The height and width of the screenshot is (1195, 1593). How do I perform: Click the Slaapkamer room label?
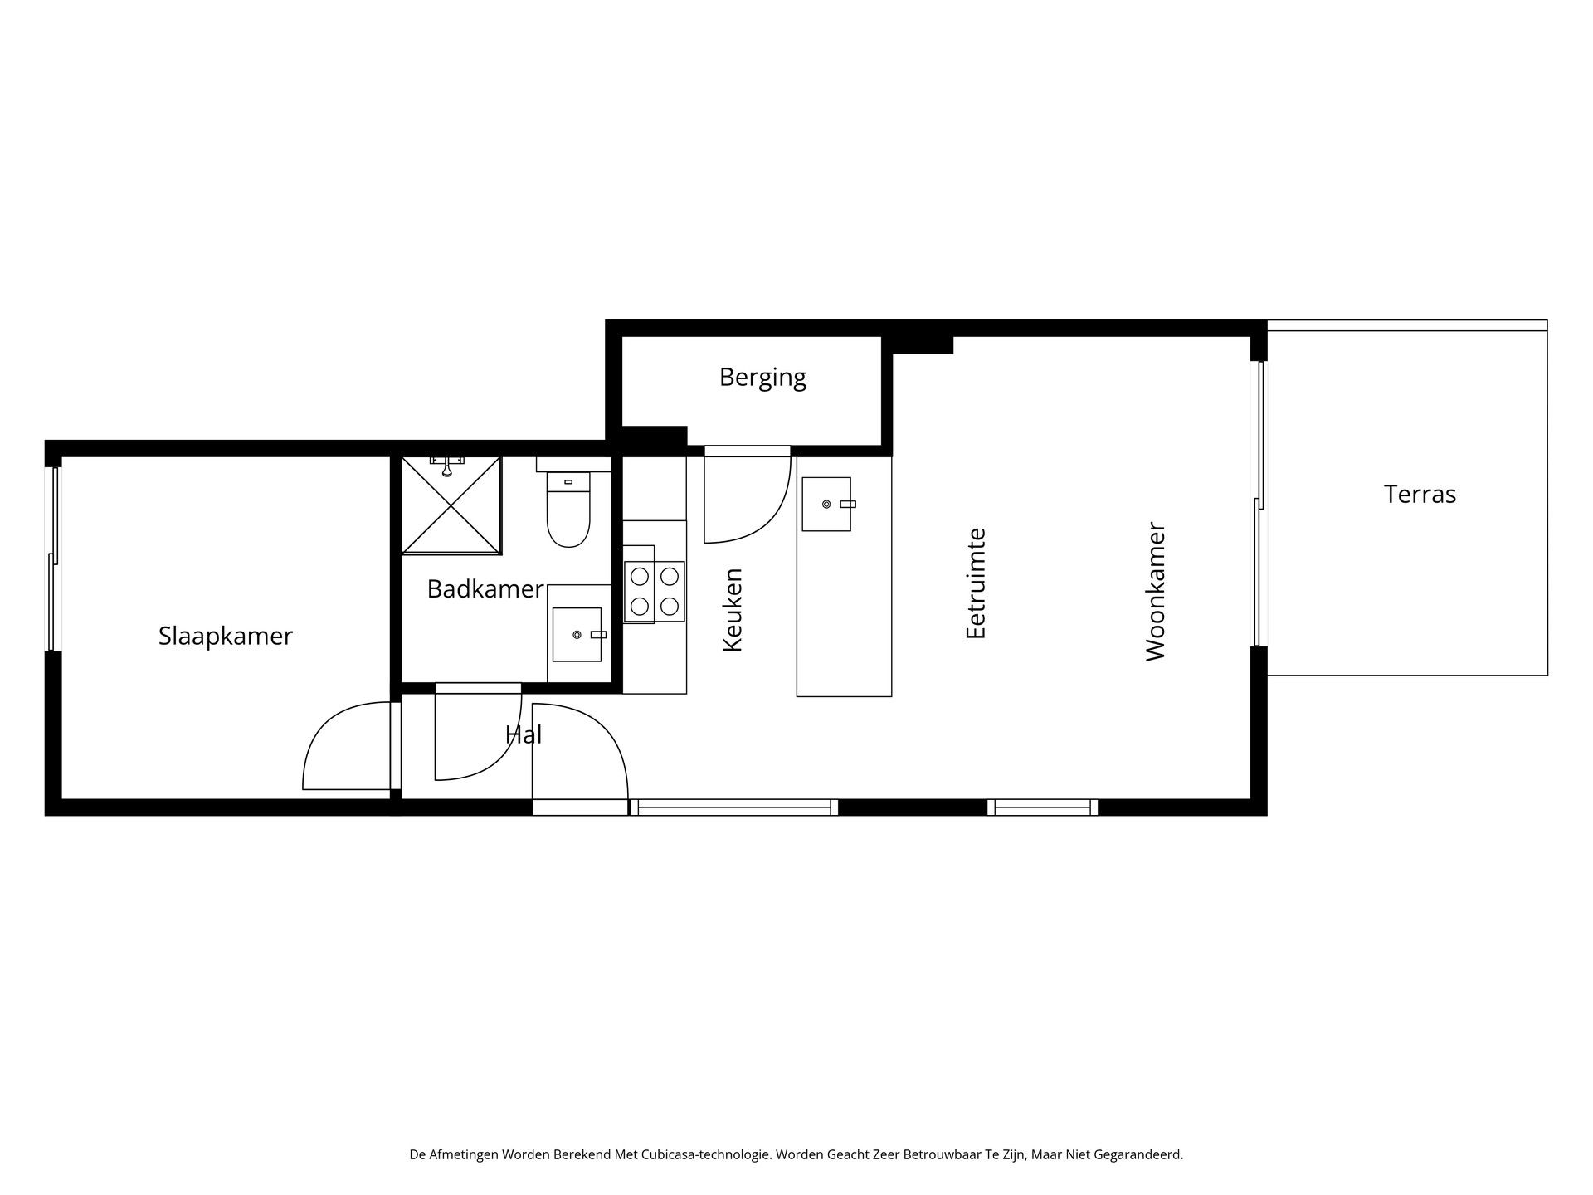(x=225, y=637)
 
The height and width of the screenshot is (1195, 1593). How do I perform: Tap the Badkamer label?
(x=485, y=589)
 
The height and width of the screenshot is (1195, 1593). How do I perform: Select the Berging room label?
(x=762, y=378)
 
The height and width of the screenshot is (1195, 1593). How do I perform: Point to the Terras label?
(x=1420, y=495)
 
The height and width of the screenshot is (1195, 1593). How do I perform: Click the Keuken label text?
(x=732, y=610)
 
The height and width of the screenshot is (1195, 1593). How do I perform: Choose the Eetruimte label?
(x=976, y=583)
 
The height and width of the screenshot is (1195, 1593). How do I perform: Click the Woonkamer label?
(x=1155, y=592)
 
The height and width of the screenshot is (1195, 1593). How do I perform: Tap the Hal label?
(x=523, y=734)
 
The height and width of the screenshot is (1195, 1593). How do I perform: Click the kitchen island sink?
(x=826, y=504)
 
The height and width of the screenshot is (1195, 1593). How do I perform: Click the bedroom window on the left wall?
(x=53, y=558)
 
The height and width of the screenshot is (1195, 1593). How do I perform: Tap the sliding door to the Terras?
(x=1259, y=503)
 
